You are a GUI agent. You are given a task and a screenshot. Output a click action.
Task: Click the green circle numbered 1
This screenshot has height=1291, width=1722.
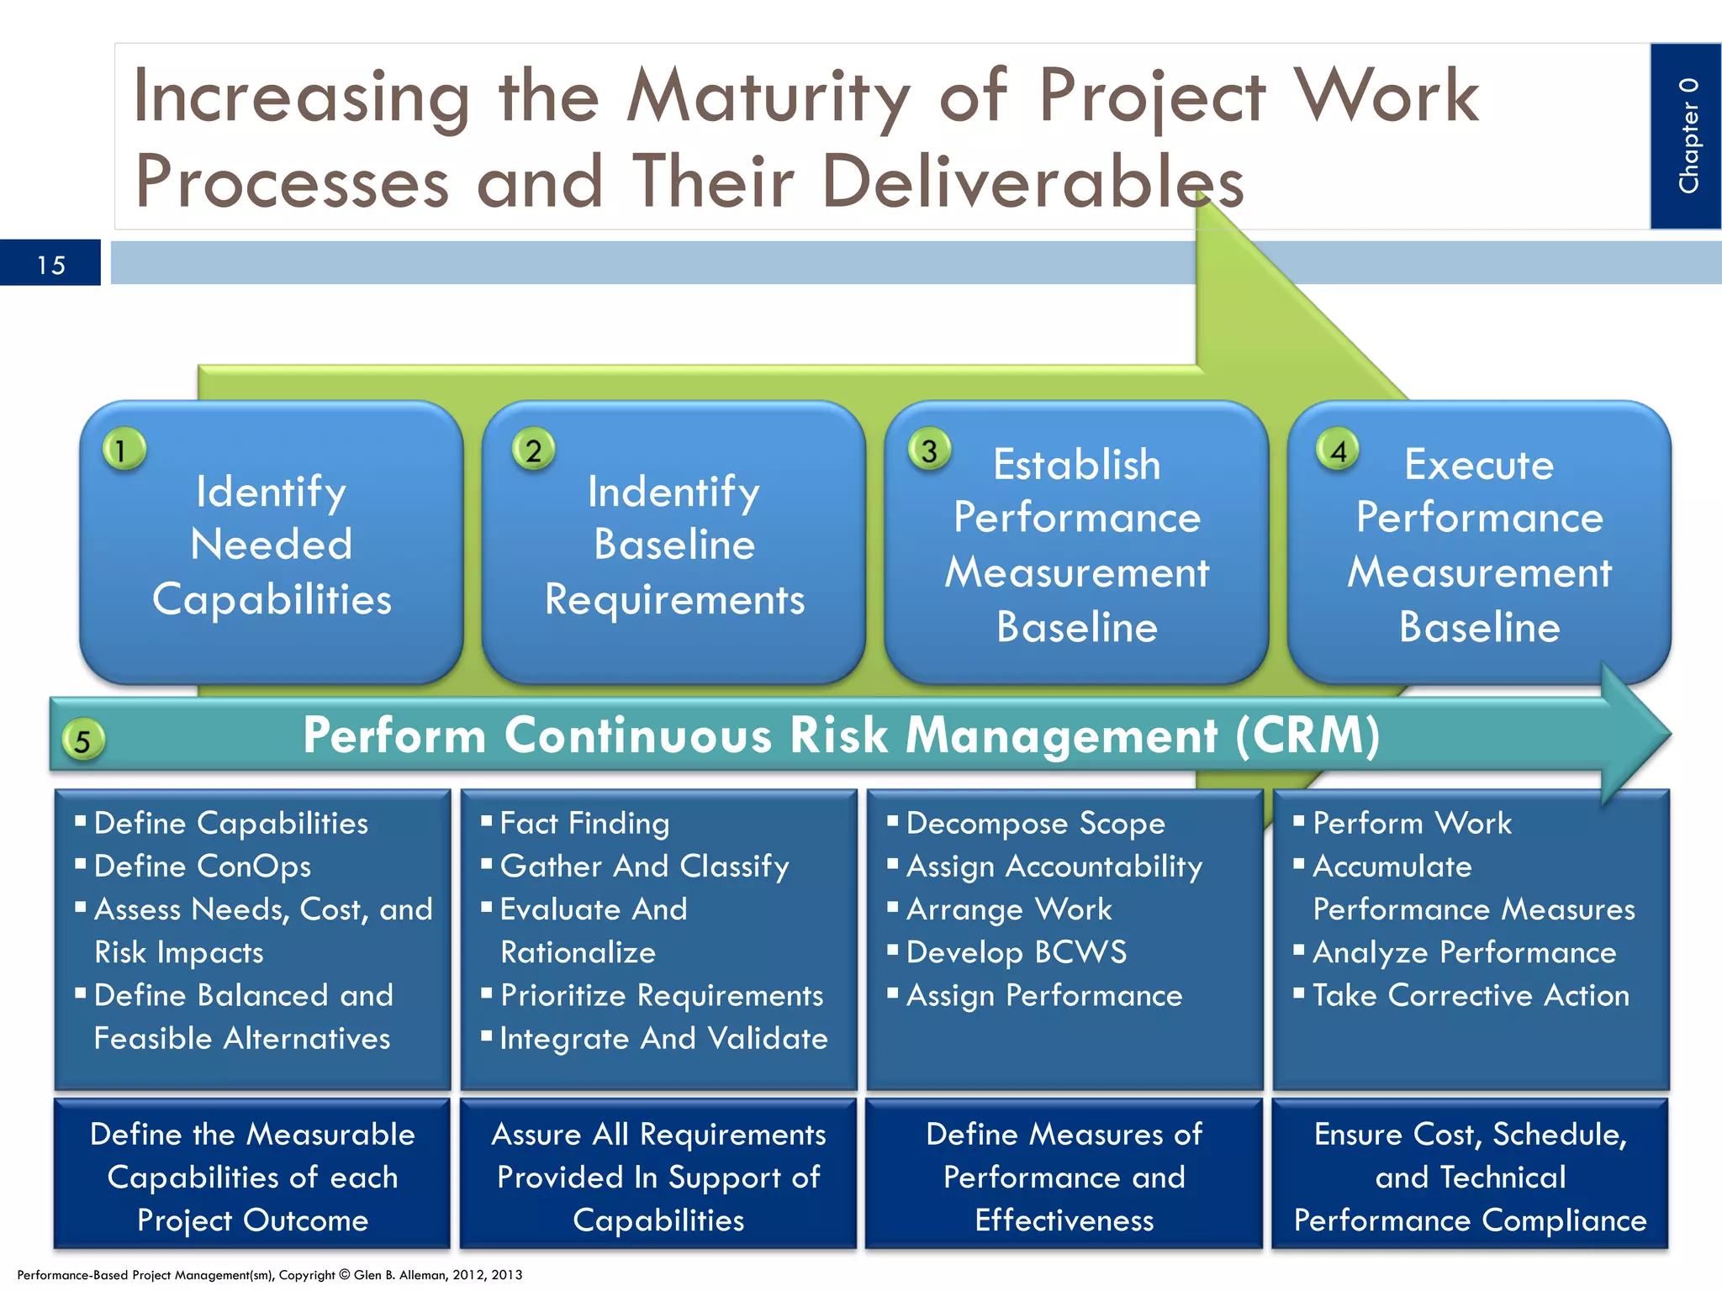pyautogui.click(x=124, y=450)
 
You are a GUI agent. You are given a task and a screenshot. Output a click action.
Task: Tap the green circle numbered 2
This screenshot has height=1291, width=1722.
pyautogui.click(x=533, y=450)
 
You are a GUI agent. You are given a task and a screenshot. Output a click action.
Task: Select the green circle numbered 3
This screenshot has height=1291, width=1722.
pyautogui.click(x=929, y=450)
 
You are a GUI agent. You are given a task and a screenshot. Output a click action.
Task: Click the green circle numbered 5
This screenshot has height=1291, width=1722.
pyautogui.click(x=82, y=740)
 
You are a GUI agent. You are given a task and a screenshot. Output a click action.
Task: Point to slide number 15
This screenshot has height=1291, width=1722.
pyautogui.click(x=50, y=265)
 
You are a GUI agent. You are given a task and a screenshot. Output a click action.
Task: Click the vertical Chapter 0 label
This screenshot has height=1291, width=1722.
pyautogui.click(x=1688, y=136)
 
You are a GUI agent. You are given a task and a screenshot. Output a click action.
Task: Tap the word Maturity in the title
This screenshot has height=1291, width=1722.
pyautogui.click(x=768, y=97)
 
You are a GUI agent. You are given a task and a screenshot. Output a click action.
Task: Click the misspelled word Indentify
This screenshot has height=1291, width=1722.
pyautogui.click(x=673, y=492)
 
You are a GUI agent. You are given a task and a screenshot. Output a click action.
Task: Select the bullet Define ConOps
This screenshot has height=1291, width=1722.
pyautogui.click(x=202, y=867)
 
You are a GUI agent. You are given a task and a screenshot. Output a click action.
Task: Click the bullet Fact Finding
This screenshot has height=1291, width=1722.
pyautogui.click(x=584, y=824)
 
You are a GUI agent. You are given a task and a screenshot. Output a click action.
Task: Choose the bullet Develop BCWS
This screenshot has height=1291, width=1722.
pyautogui.click(x=1016, y=952)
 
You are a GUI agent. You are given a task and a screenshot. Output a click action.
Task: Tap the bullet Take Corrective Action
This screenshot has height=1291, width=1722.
pyautogui.click(x=1470, y=996)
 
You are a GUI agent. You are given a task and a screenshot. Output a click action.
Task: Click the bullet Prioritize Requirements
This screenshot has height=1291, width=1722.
pyautogui.click(x=661, y=996)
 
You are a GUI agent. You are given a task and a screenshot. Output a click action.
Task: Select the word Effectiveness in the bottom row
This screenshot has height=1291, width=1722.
pyautogui.click(x=1064, y=1220)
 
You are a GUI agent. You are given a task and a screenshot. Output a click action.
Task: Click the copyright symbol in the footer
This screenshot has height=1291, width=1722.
pyautogui.click(x=345, y=1275)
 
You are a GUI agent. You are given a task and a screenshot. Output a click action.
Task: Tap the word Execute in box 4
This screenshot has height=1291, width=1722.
pyautogui.click(x=1478, y=465)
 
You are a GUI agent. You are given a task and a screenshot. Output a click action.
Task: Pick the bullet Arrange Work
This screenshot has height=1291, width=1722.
pyautogui.click(x=1009, y=909)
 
